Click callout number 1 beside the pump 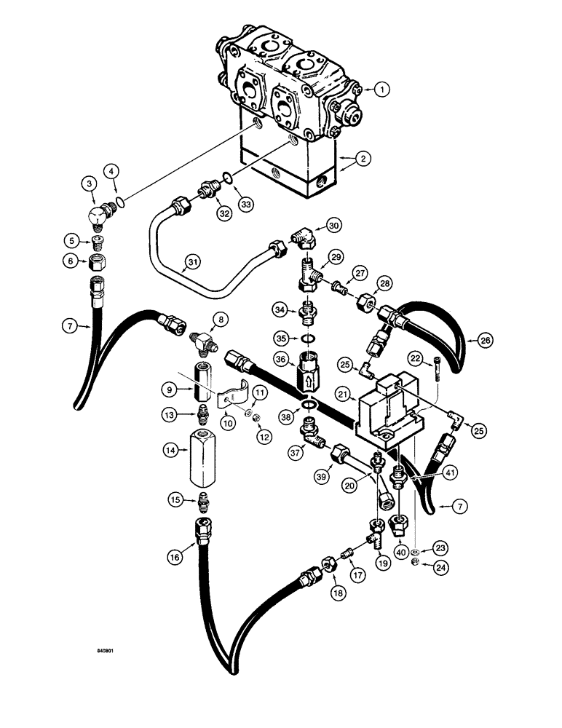coord(384,90)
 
